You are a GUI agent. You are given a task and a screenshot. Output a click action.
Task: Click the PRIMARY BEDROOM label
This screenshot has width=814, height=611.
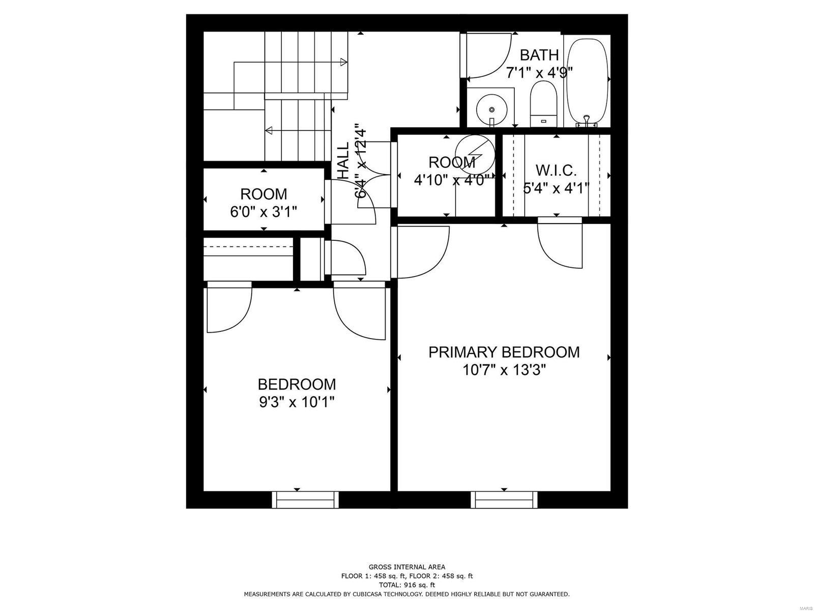point(504,352)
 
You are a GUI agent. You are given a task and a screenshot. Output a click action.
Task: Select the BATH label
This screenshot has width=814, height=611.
point(539,55)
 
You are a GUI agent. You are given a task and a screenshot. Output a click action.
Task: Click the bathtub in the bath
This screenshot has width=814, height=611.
point(587,81)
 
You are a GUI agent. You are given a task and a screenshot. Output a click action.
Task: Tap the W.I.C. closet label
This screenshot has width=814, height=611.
point(556,170)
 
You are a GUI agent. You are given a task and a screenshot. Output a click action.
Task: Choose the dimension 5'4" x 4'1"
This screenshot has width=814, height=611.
point(556,188)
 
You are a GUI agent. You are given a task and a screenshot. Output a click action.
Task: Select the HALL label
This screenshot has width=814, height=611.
point(344,160)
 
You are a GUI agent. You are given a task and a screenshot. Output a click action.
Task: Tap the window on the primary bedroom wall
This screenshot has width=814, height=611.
point(504,499)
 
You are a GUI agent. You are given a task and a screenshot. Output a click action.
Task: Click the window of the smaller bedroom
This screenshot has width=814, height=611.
point(305,499)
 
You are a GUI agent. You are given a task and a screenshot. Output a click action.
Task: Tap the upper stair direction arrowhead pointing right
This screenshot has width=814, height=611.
point(344,62)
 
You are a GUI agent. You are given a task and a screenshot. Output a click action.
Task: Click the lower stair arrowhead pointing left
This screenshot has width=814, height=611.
point(269,130)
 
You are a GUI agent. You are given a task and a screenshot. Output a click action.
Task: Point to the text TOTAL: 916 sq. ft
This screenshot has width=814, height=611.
point(406,586)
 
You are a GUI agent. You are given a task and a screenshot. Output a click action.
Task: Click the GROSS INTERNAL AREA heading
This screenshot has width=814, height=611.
point(406,567)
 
